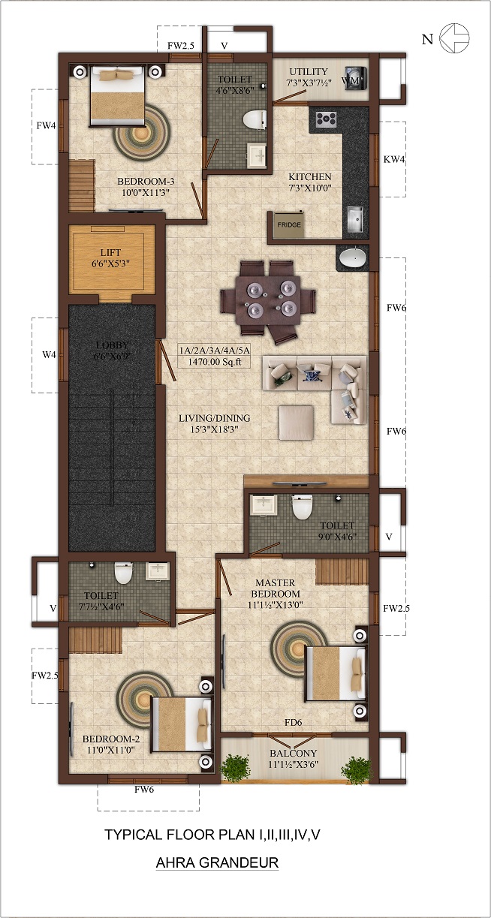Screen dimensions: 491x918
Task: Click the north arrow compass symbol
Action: tap(454, 38)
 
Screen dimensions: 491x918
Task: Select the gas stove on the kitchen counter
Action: tap(326, 119)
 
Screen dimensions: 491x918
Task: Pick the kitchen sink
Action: tap(354, 219)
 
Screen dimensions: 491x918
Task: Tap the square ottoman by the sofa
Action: tap(297, 423)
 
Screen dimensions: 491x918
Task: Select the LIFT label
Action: tap(110, 252)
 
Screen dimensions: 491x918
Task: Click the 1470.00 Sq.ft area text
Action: tap(215, 362)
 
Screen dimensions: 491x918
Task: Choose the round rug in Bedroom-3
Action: tap(141, 132)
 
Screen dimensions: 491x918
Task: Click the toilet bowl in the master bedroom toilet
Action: tap(302, 507)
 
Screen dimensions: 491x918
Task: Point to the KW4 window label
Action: tap(394, 159)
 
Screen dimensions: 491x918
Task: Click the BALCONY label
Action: tap(293, 754)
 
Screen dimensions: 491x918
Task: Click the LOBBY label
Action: tap(112, 345)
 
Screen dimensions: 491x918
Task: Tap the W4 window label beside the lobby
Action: tap(50, 355)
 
